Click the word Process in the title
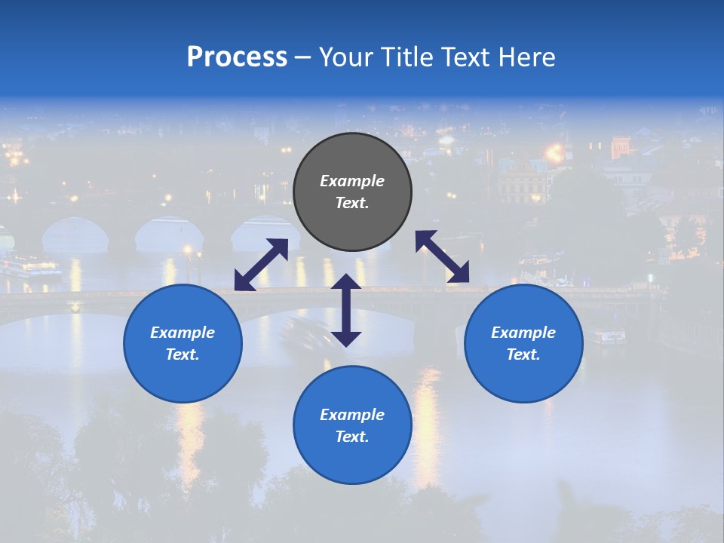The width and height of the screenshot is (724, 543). [x=237, y=57]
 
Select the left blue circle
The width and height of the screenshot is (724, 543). [x=183, y=377]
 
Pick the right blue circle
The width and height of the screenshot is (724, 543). [x=523, y=377]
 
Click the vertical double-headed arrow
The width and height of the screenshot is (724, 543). [x=346, y=310]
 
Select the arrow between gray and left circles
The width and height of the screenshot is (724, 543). [x=261, y=265]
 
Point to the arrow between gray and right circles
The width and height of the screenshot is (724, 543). [x=442, y=256]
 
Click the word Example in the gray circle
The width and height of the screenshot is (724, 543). [x=352, y=181]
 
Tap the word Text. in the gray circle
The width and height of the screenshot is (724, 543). [x=352, y=203]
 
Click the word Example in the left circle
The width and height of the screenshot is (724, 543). [x=183, y=333]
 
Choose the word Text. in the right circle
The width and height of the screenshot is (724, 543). [x=523, y=354]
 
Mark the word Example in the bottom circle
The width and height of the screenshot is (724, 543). [x=352, y=415]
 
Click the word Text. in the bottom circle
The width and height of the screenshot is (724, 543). [x=352, y=437]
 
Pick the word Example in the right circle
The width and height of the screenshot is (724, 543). [x=523, y=333]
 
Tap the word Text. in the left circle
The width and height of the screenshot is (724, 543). [x=183, y=354]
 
